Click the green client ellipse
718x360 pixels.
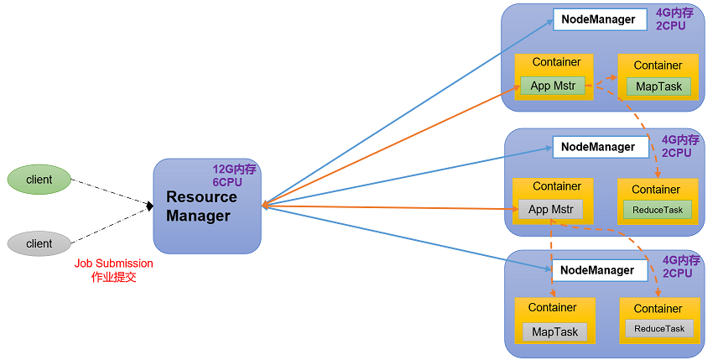(x=39, y=180)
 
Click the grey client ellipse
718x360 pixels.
(x=39, y=243)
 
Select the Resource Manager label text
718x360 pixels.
(x=201, y=206)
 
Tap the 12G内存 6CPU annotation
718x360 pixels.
(x=234, y=175)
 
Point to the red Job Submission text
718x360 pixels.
(x=113, y=263)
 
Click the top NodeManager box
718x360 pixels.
(x=600, y=19)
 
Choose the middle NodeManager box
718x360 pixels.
(x=600, y=147)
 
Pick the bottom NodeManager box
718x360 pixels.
(x=600, y=270)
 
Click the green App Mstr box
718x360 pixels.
(x=552, y=86)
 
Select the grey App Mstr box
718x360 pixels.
(x=550, y=210)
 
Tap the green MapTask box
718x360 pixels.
(x=658, y=86)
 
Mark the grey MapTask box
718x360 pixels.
(x=555, y=331)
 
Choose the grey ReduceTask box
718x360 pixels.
(x=659, y=329)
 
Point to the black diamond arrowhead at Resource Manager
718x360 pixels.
(x=148, y=206)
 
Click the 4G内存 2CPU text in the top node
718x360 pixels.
(x=676, y=19)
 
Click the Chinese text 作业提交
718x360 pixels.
(x=113, y=277)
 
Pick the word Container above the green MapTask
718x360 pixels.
(x=658, y=65)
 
